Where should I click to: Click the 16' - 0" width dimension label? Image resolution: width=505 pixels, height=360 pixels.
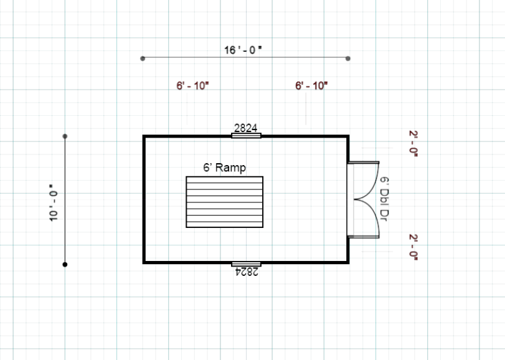point(243,50)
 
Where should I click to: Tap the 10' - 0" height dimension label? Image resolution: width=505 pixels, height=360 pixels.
point(54,203)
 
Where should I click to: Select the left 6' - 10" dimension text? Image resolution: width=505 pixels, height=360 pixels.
point(192,86)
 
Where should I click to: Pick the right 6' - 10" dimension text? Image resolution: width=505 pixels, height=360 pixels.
point(311,86)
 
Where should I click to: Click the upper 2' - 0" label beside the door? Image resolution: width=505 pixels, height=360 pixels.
point(413,144)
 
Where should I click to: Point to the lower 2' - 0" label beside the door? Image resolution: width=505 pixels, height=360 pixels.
point(413,247)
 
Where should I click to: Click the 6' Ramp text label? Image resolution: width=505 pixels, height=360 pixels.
point(225,168)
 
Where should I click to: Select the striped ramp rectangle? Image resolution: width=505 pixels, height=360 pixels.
point(225,202)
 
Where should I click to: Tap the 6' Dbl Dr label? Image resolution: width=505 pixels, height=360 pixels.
point(384,199)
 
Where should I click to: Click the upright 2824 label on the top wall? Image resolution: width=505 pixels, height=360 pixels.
point(246,128)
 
